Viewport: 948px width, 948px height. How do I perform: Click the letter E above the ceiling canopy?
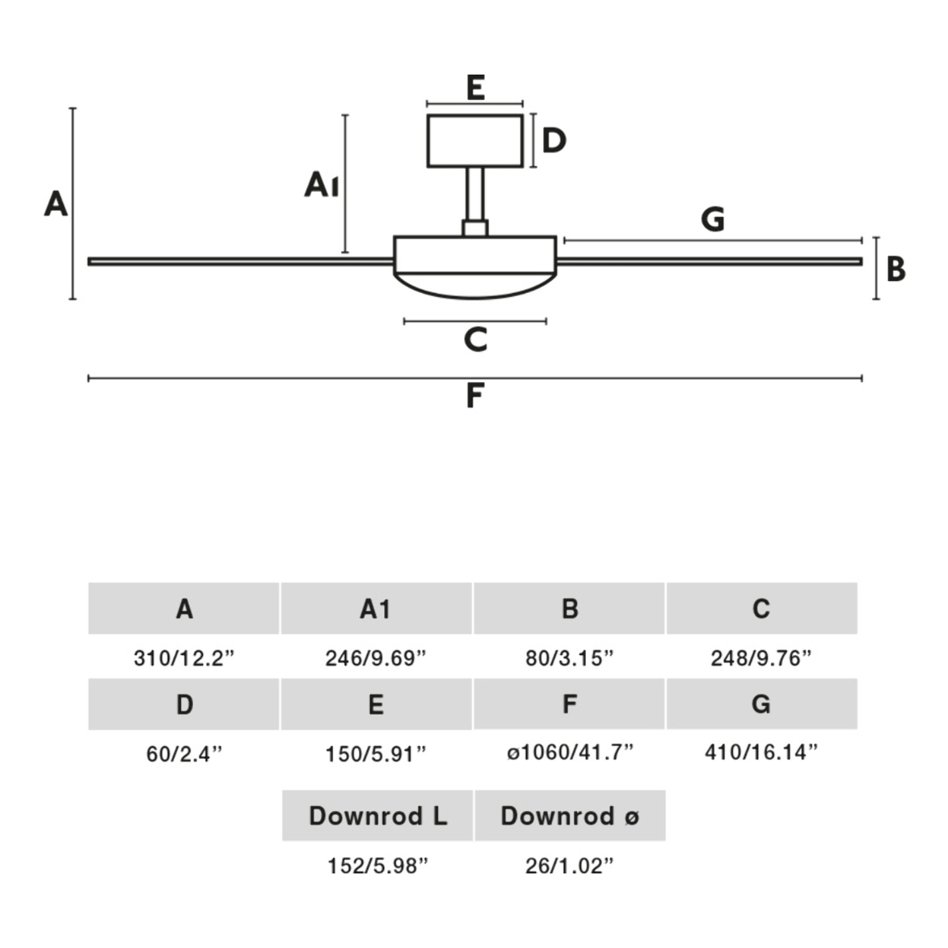(x=475, y=88)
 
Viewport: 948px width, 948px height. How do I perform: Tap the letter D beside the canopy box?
(x=554, y=141)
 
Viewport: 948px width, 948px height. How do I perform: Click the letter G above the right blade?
(x=712, y=219)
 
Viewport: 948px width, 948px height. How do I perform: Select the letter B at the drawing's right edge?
(x=896, y=269)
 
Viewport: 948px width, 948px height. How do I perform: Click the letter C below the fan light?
(x=475, y=340)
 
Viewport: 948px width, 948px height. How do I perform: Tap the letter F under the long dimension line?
(x=474, y=395)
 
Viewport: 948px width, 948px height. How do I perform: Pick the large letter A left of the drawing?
(x=56, y=204)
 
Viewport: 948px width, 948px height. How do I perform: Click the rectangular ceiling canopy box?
(x=475, y=141)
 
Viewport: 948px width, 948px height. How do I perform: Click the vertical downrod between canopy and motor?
(x=475, y=193)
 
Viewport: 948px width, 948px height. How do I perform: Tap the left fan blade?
(x=240, y=262)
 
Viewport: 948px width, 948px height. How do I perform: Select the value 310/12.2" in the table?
(x=184, y=658)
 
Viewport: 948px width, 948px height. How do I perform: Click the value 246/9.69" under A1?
(x=375, y=658)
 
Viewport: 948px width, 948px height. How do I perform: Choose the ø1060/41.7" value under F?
(x=570, y=753)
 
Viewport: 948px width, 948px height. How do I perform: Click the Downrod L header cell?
(x=377, y=816)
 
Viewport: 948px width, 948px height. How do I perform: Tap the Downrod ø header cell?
(x=570, y=816)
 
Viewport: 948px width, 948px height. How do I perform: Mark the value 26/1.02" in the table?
(x=569, y=866)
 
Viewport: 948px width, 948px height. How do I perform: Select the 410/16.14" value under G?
(x=761, y=753)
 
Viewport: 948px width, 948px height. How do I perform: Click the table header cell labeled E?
(x=376, y=704)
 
